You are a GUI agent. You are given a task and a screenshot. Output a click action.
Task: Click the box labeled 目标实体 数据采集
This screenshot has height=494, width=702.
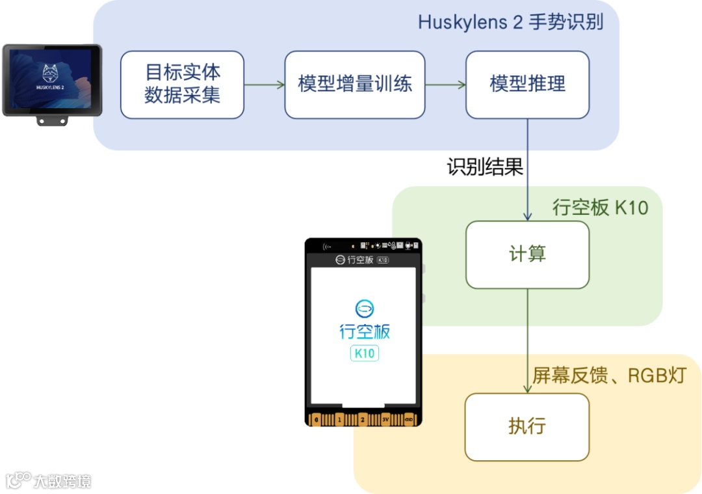pyautogui.click(x=182, y=85)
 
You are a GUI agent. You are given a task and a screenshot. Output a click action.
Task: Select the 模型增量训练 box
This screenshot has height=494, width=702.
pyautogui.click(x=355, y=85)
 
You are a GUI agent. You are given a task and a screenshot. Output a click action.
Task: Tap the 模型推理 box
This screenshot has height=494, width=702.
pyautogui.click(x=527, y=85)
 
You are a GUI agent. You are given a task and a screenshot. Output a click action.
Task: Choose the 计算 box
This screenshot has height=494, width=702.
pyautogui.click(x=527, y=254)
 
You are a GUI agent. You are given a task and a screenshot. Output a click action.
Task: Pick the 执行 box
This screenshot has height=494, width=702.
pyautogui.click(x=527, y=427)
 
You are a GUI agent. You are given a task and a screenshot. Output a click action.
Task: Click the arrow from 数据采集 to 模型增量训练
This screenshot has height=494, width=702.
pyautogui.click(x=265, y=85)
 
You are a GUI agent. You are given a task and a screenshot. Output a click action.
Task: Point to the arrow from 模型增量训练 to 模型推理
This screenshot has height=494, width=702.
pyautogui.click(x=445, y=85)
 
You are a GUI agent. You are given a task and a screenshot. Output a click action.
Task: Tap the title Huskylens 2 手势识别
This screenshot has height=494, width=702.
pyautogui.click(x=510, y=23)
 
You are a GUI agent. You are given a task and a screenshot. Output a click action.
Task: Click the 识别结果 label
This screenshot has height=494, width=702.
pyautogui.click(x=485, y=167)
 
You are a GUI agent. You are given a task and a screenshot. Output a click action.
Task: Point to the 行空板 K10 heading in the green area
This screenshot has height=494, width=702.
pyautogui.click(x=600, y=208)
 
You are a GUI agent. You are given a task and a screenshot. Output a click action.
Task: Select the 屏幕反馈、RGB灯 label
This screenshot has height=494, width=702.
pyautogui.click(x=609, y=376)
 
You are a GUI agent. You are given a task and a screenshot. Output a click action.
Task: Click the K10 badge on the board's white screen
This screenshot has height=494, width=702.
pyautogui.click(x=364, y=353)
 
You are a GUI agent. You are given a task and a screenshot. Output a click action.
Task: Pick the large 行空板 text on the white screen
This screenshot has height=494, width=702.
pyautogui.click(x=364, y=331)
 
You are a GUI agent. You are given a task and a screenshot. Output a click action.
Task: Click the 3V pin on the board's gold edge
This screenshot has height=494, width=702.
pyautogui.click(x=386, y=420)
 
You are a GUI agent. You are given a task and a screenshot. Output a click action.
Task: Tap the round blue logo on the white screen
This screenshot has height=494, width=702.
pyautogui.click(x=364, y=307)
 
